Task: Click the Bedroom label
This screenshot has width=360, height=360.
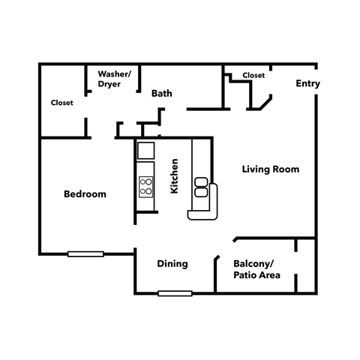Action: click(x=85, y=194)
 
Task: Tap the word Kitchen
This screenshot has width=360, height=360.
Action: click(x=174, y=176)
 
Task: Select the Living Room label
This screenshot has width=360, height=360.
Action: click(x=271, y=169)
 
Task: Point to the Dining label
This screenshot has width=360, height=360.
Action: click(x=172, y=264)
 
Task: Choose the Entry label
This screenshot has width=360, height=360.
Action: click(x=307, y=84)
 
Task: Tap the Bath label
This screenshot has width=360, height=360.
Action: click(x=162, y=94)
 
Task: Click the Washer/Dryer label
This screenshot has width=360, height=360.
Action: click(x=115, y=79)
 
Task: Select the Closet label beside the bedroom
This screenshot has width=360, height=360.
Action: click(x=61, y=103)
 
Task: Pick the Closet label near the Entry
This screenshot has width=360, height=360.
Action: click(x=253, y=76)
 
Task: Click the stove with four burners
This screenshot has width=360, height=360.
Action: click(x=145, y=184)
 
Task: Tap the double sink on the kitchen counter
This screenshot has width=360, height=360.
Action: click(x=201, y=187)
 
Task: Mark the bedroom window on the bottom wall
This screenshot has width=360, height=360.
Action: click(x=85, y=253)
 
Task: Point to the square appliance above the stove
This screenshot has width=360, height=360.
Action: click(x=145, y=150)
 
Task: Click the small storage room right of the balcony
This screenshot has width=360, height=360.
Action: click(x=306, y=266)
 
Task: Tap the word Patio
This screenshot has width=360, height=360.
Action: click(x=246, y=276)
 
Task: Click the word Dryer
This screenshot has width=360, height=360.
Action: click(x=109, y=84)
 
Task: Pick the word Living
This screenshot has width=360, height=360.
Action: click(x=256, y=169)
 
